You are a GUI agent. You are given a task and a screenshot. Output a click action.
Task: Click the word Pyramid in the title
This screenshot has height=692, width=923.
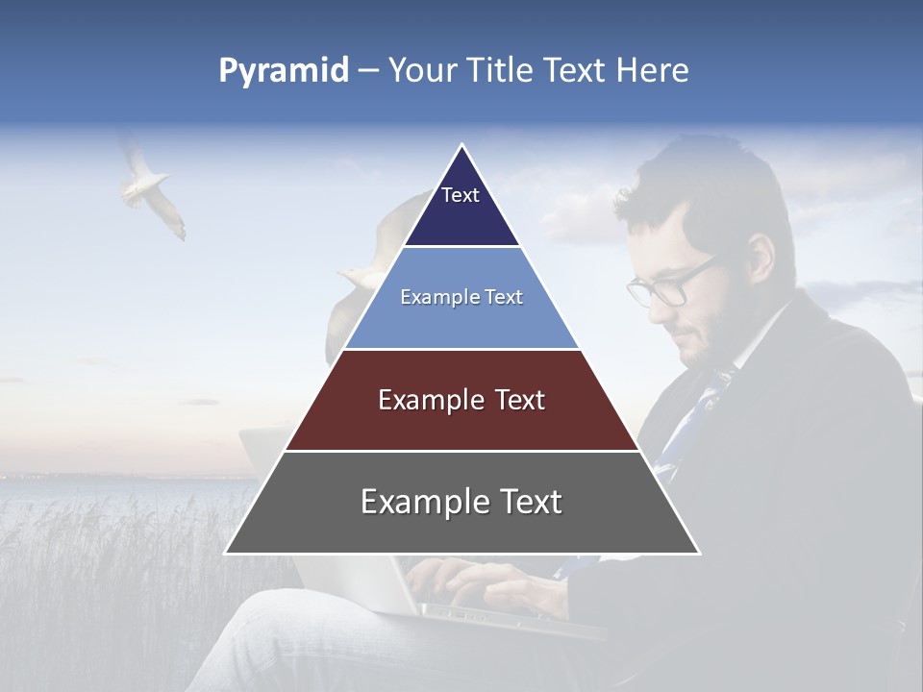coord(283,71)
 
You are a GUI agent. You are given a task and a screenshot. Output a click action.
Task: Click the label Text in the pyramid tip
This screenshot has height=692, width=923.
coord(461,195)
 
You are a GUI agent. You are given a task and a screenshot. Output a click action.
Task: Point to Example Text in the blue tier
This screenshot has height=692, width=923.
coord(461,297)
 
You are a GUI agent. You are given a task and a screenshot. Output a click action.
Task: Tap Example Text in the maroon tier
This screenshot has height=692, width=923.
coord(461,400)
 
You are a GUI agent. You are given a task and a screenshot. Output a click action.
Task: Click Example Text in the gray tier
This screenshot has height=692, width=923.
coord(461,502)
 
